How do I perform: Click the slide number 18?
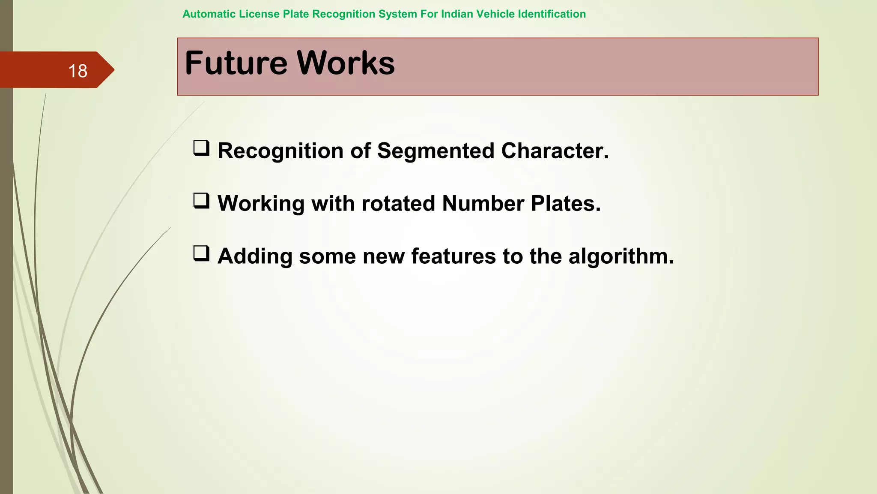[x=78, y=71]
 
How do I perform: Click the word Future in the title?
[x=236, y=63]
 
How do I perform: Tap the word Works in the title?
[x=346, y=63]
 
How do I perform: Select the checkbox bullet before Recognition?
[x=201, y=148]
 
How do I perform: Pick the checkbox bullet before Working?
[x=201, y=201]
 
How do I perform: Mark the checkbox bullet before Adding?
[x=201, y=254]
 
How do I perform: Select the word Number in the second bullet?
[x=483, y=204]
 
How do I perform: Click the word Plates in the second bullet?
[x=565, y=204]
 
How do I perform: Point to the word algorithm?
[x=621, y=256]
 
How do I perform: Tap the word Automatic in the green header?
[x=209, y=14]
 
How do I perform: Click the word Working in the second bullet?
[x=261, y=204]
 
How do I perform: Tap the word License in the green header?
[x=260, y=14]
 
